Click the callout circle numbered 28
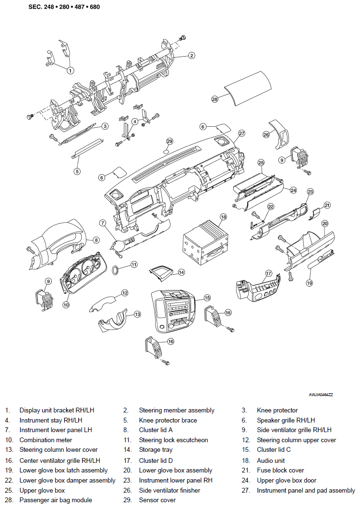coord(215,99)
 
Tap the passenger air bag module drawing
coord(248,88)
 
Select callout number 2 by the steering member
coord(192,55)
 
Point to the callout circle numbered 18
coord(223,217)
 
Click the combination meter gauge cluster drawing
coord(84,272)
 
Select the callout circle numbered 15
coord(207,298)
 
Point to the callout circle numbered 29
coord(169,141)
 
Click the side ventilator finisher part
coord(279,134)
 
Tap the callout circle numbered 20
coord(324,224)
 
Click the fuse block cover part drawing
coord(314,214)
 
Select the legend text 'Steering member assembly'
coord(177,410)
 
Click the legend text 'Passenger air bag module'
coord(56,500)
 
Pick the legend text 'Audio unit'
coord(271,460)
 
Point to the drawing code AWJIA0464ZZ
coord(321,395)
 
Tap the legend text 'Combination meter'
coord(46,440)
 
